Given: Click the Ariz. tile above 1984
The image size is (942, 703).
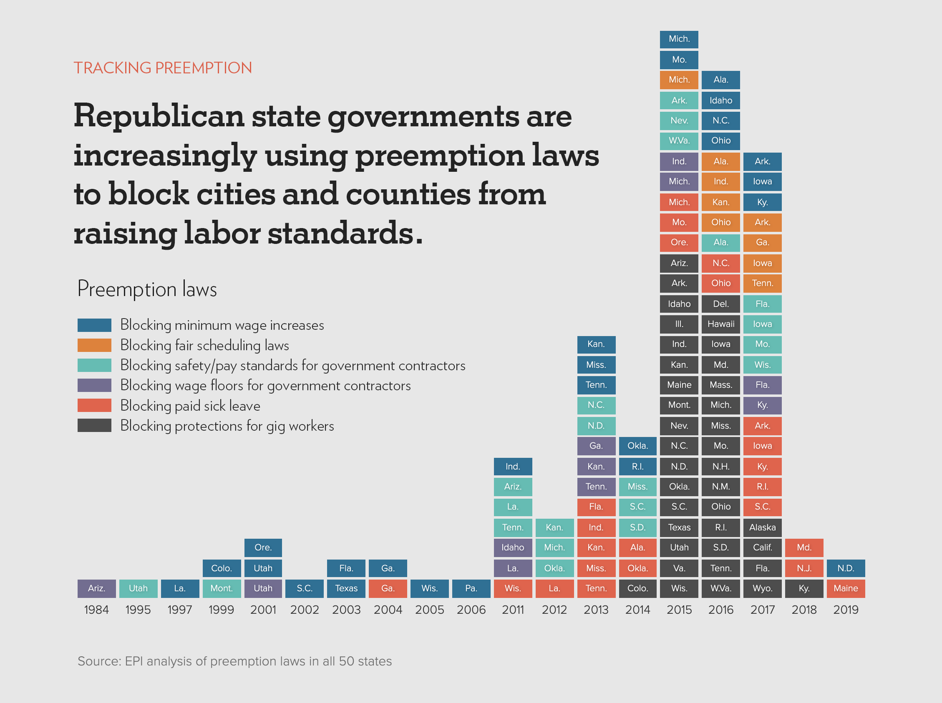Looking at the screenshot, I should (97, 588).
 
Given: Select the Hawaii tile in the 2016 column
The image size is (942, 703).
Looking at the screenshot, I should (720, 324).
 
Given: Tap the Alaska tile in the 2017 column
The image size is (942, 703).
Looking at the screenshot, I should (762, 527).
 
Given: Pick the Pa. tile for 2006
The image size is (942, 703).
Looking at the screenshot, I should (471, 588).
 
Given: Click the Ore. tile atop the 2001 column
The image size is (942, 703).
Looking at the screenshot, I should (263, 547).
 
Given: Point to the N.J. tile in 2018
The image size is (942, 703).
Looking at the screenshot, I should (803, 568).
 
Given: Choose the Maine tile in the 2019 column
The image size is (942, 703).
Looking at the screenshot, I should (845, 588).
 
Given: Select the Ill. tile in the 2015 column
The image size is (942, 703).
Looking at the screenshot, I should (679, 324).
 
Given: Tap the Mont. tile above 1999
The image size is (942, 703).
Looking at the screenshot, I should (222, 588).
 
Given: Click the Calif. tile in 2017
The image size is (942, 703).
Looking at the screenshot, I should (762, 547).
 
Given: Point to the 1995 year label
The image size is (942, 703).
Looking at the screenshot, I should (138, 610).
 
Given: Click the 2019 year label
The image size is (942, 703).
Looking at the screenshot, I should (845, 610).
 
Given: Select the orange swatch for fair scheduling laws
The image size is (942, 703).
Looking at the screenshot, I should (95, 345).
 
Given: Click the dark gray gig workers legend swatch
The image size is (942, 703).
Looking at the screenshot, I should (95, 426).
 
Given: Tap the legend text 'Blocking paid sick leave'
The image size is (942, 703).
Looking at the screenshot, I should (190, 406).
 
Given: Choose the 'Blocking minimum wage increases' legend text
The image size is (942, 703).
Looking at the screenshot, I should (222, 325).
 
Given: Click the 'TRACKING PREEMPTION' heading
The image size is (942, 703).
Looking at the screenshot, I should (163, 68).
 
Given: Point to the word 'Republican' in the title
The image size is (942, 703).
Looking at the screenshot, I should (159, 116).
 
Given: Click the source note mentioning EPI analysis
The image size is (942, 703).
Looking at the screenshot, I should (234, 661).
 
